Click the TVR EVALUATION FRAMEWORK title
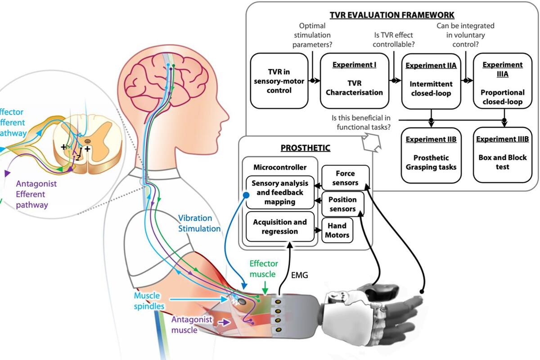coord(392,15)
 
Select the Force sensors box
coord(346,178)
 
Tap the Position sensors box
coord(342,204)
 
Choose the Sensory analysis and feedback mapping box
coord(280,193)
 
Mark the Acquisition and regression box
coord(280,226)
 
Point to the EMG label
coord(300,275)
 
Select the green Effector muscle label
coord(264,269)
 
